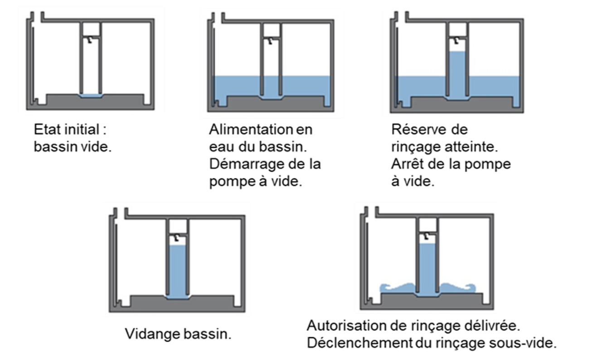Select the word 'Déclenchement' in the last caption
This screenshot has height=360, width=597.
[x=359, y=343]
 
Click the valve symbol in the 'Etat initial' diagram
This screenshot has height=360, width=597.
[x=90, y=40]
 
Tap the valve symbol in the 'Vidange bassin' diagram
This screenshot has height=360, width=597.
[x=176, y=237]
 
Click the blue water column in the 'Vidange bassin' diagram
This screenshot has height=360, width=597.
[x=178, y=272]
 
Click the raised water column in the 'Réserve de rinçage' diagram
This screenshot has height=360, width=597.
[x=457, y=75]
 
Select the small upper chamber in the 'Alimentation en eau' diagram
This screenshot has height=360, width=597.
[x=271, y=30]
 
